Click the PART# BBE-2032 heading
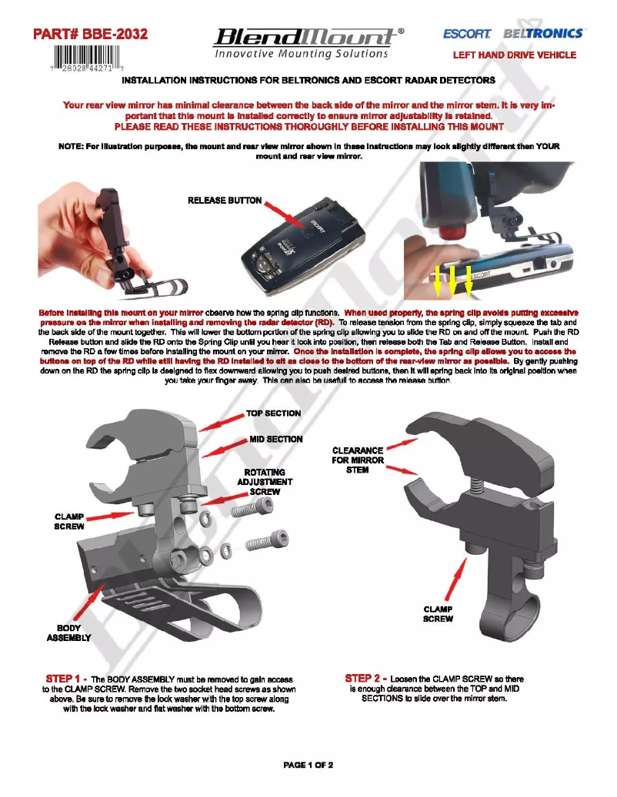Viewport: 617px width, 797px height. click(x=91, y=34)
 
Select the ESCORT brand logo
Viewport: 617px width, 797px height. click(x=467, y=35)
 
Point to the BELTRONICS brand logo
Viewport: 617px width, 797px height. click(x=543, y=35)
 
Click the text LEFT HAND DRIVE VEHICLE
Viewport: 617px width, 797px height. click(x=514, y=55)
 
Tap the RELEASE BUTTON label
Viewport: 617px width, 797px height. click(x=225, y=201)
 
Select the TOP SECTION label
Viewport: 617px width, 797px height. click(x=273, y=413)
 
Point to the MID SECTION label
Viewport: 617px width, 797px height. click(x=275, y=440)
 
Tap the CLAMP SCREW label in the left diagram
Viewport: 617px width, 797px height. click(x=68, y=522)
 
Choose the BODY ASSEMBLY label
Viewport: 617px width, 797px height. click(x=68, y=633)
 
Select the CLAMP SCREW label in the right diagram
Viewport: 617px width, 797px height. click(x=439, y=614)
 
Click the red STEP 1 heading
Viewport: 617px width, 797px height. click(x=66, y=679)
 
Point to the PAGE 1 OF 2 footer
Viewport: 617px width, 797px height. click(x=308, y=765)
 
